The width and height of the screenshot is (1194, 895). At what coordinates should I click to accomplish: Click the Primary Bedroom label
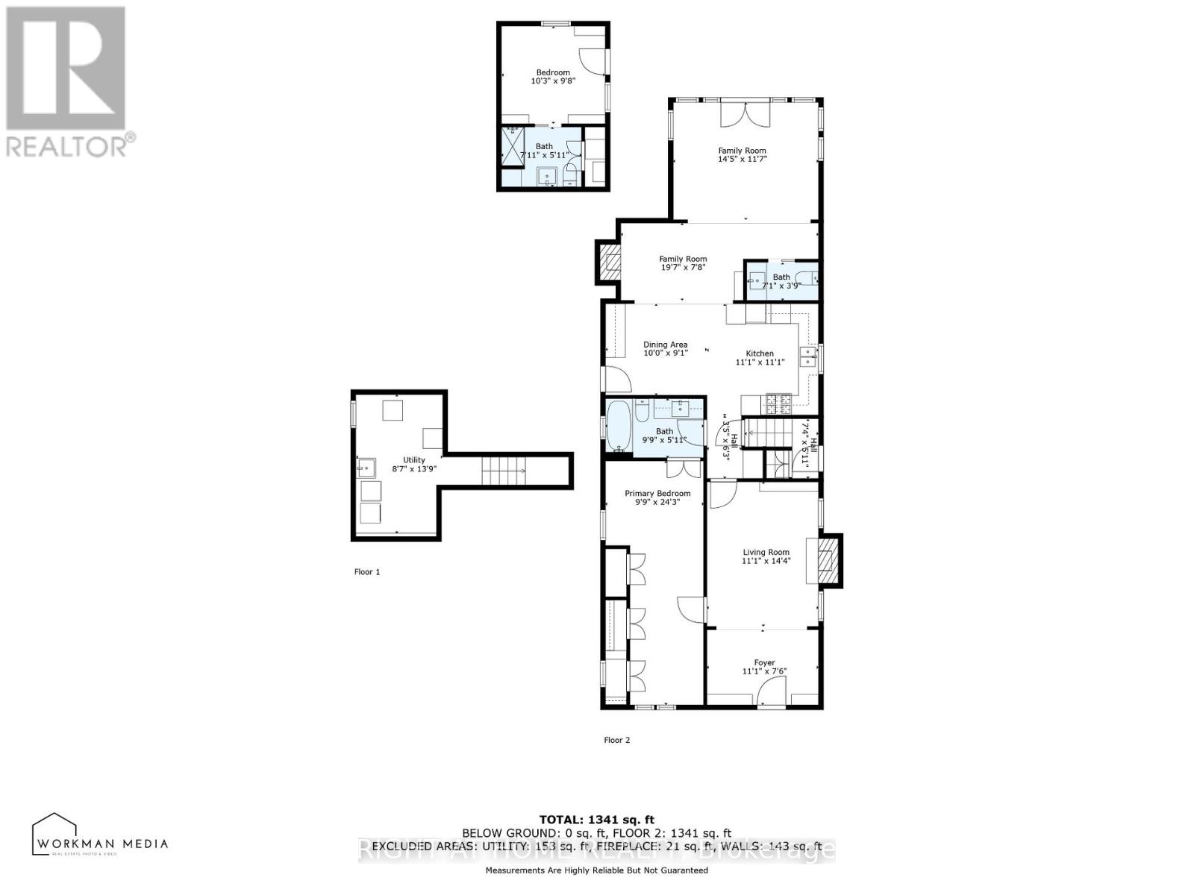point(657,493)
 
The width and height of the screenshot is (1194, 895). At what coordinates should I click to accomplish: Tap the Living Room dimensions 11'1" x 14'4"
point(766,561)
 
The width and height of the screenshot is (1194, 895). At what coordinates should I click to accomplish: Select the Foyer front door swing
point(767,695)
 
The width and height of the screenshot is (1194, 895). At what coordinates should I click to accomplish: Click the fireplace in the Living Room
point(825,559)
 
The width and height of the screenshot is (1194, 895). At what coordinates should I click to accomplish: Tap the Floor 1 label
point(366,572)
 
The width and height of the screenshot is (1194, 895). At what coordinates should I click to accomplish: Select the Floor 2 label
point(616,740)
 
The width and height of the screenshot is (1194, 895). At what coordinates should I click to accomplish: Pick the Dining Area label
point(665,345)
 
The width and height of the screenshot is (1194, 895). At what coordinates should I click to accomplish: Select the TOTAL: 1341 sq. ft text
point(596,820)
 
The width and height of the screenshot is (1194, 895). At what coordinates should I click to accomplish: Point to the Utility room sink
point(366,469)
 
